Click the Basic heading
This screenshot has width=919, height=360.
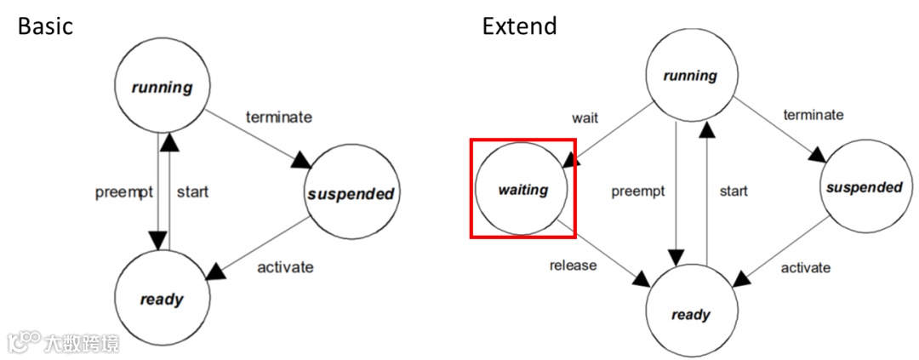[x=45, y=26]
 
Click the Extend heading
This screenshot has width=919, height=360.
[x=519, y=26]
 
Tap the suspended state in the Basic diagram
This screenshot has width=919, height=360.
[x=350, y=193]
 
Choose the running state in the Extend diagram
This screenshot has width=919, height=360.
[x=690, y=76]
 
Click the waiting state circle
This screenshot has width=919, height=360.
[x=522, y=190]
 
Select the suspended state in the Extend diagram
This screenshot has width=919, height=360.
[x=863, y=187]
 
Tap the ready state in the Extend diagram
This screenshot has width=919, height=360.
[x=690, y=315]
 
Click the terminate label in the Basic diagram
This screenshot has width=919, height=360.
[x=279, y=117]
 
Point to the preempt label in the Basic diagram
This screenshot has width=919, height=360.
[x=124, y=191]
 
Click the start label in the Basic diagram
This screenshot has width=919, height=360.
[x=192, y=191]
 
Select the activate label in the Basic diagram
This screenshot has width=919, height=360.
[x=285, y=267]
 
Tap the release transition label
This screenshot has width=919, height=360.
[x=573, y=265]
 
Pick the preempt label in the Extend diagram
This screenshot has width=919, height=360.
[x=638, y=191]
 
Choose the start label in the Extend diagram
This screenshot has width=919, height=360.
[x=733, y=191]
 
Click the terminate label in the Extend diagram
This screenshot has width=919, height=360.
[x=813, y=114]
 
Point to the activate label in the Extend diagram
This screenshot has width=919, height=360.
[x=805, y=267]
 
